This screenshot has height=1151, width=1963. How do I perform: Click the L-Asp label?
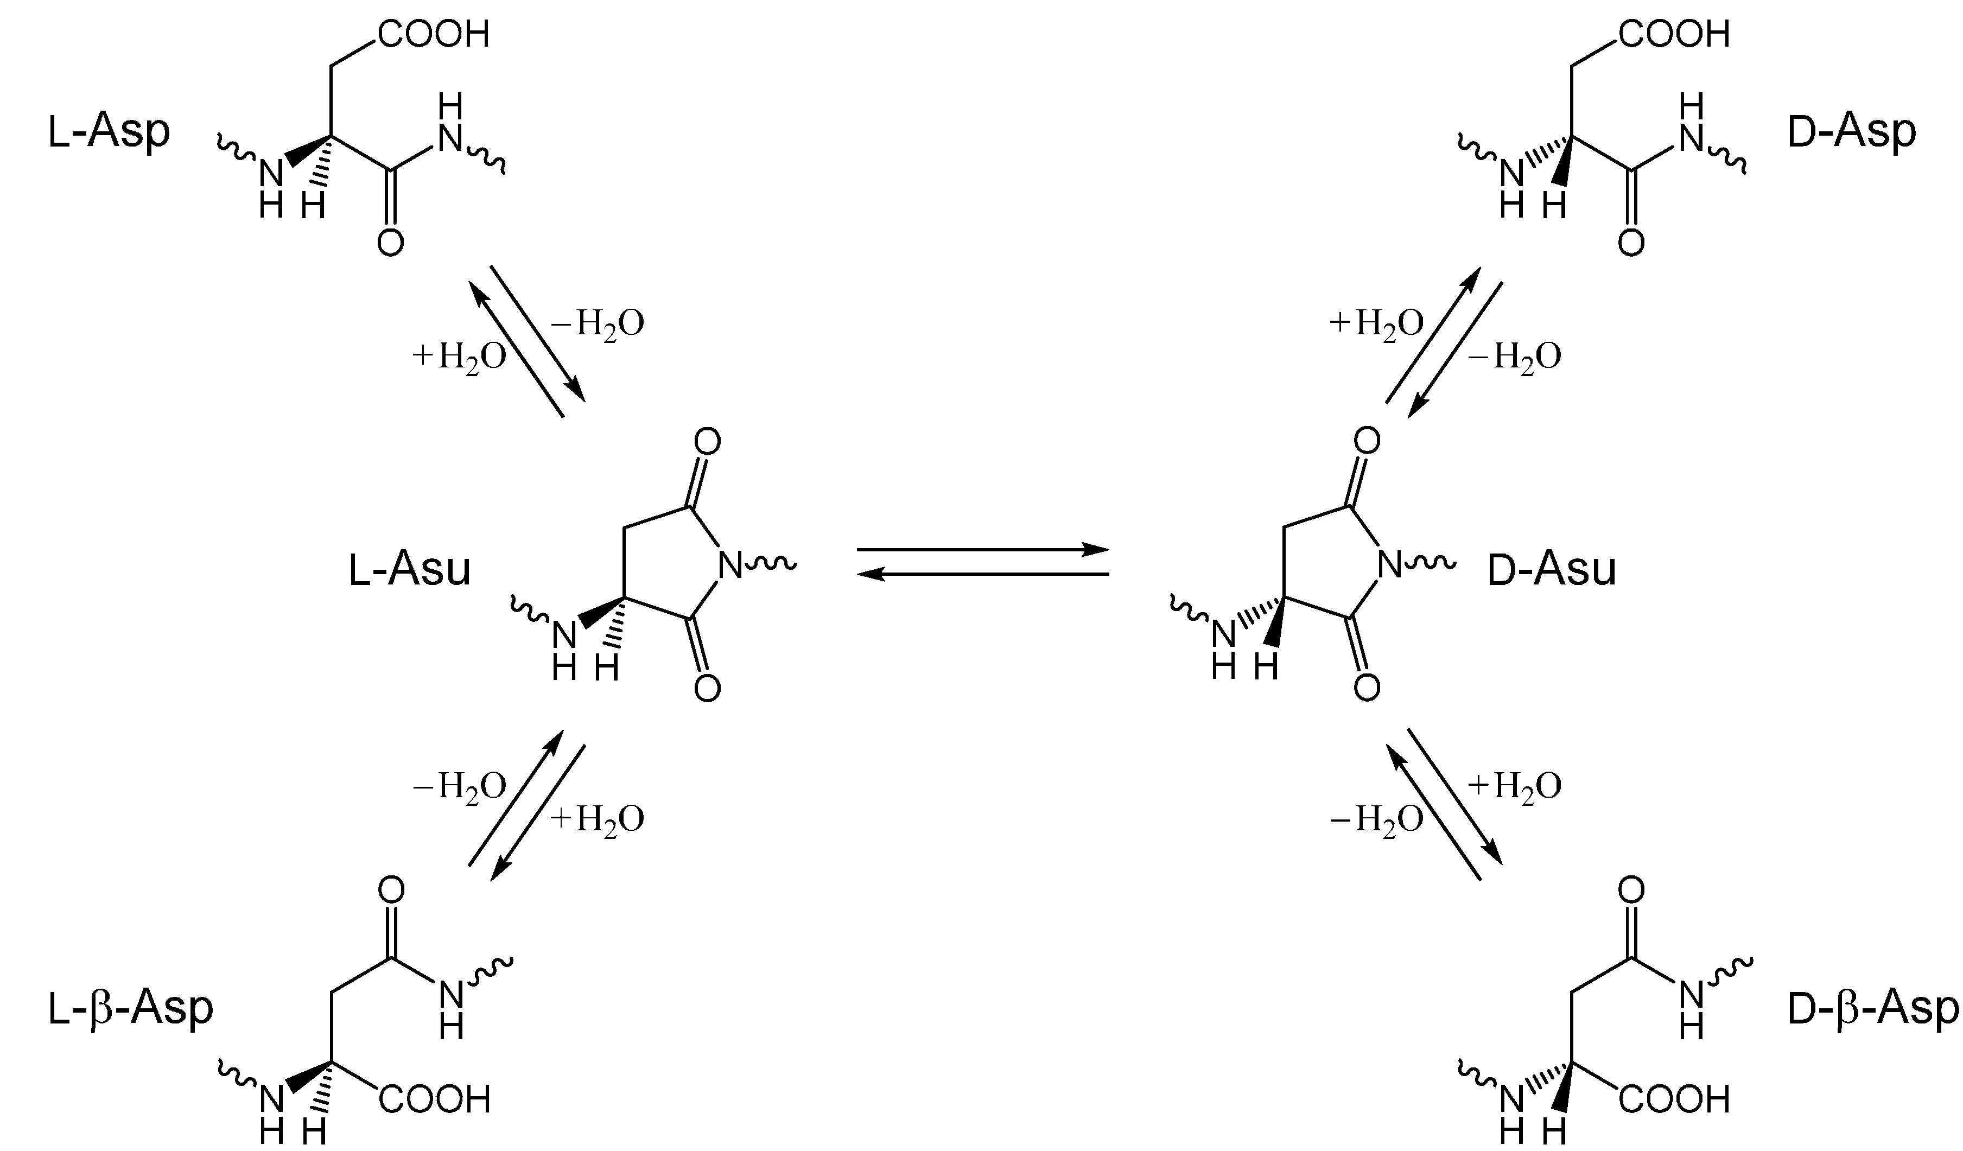pos(109,132)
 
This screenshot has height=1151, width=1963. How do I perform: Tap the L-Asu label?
pos(409,569)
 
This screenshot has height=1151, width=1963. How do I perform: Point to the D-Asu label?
pos(1552,569)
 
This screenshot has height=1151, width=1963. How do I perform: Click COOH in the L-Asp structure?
pos(434,34)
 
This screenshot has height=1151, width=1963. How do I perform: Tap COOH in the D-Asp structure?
pos(1674,34)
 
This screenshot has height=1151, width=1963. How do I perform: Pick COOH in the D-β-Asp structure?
pos(1674,1099)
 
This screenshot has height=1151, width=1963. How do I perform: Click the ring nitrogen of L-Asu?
pos(730,566)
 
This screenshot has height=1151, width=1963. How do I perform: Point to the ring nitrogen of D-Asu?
pos(1390,566)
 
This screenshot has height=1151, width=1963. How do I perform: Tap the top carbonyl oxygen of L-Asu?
pos(707,442)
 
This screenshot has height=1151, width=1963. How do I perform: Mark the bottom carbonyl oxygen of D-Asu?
pos(1367,688)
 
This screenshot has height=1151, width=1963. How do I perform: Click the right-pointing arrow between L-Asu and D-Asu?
pos(982,550)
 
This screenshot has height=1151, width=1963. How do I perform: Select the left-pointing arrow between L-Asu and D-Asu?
pos(982,575)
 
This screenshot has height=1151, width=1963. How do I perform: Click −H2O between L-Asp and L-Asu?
pos(598,324)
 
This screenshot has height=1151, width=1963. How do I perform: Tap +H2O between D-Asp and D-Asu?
pos(1376,324)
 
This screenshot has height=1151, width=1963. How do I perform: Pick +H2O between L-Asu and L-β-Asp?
pos(598,819)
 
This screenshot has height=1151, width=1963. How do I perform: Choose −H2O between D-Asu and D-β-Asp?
pos(1376,819)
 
